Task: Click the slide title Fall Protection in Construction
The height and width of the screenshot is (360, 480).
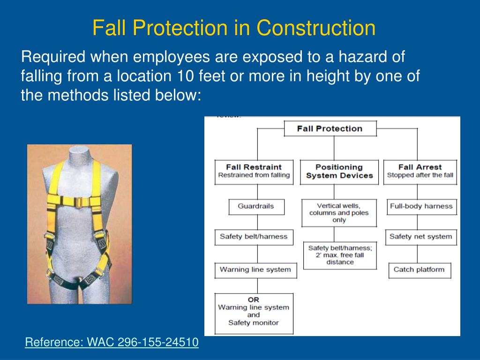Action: click(x=233, y=28)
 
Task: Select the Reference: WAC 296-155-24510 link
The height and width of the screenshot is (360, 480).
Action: click(x=112, y=343)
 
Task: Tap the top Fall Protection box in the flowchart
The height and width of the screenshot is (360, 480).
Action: click(x=330, y=128)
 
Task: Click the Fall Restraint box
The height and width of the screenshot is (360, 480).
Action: click(x=254, y=171)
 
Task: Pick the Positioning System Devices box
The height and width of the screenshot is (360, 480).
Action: click(x=339, y=171)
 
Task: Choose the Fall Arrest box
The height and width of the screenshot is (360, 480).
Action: click(x=420, y=171)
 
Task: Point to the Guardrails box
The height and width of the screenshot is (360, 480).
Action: click(x=256, y=206)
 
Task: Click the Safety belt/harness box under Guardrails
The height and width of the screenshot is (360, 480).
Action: click(x=254, y=237)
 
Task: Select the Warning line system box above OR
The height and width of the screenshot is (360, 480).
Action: click(x=255, y=270)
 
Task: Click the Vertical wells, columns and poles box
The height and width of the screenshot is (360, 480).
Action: click(x=339, y=213)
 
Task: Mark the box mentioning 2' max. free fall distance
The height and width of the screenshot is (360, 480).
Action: click(x=340, y=255)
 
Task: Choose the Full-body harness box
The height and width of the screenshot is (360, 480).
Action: click(x=421, y=206)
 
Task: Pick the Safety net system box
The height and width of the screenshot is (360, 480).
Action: click(x=420, y=237)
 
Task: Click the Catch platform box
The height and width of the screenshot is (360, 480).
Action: click(x=419, y=270)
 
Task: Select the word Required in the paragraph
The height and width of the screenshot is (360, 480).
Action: click(x=53, y=58)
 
